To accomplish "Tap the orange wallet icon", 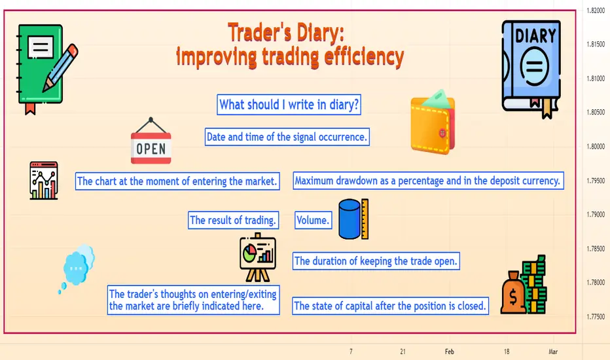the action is click(x=433, y=122).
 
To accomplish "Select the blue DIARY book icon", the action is click(x=531, y=69).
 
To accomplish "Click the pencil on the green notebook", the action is click(x=60, y=67).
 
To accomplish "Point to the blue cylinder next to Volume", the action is click(x=350, y=219).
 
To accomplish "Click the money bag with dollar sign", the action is click(x=513, y=293).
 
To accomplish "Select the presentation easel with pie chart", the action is click(x=257, y=257).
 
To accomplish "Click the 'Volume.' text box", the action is click(x=313, y=221).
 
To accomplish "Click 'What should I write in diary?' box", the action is click(x=289, y=105).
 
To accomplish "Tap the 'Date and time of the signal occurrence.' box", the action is click(x=287, y=137).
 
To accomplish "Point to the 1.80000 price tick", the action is click(x=596, y=147).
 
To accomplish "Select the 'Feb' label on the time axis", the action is click(x=450, y=351).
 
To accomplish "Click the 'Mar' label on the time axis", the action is click(x=553, y=351).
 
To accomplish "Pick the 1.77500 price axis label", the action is click(x=596, y=317).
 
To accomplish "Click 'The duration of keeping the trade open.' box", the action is click(x=376, y=261).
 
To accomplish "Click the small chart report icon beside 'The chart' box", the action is click(x=44, y=181).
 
